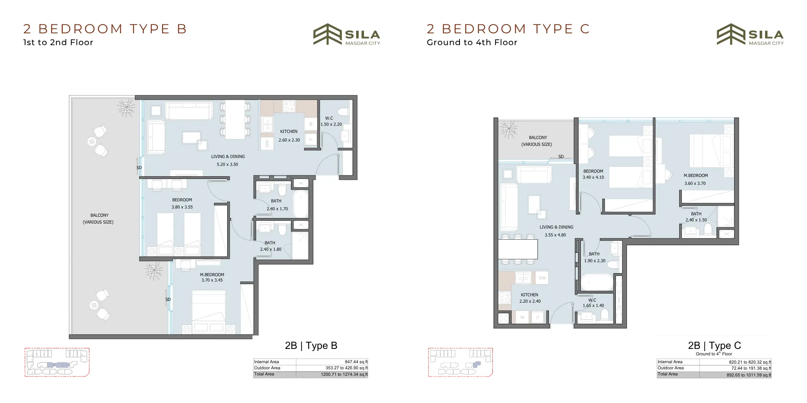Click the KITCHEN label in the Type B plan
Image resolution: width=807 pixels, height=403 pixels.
tap(289, 131)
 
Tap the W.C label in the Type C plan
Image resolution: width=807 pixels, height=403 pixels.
tap(592, 300)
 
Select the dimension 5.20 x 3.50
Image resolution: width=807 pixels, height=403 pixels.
tap(227, 164)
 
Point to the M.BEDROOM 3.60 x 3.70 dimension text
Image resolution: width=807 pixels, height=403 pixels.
tap(695, 183)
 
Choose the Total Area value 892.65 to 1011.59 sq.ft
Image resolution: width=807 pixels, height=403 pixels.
tap(749, 375)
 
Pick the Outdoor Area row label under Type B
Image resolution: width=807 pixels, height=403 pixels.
tap(267, 368)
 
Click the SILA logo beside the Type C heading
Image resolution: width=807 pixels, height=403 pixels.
tap(750, 35)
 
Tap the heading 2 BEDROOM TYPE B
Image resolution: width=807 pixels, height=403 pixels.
tap(105, 29)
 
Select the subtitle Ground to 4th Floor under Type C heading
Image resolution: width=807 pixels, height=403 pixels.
tap(472, 42)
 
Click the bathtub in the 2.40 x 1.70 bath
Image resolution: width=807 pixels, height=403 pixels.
tap(301, 204)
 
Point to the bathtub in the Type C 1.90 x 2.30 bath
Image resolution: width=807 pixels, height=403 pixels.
tap(597, 282)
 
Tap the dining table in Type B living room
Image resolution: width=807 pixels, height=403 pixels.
tap(235, 120)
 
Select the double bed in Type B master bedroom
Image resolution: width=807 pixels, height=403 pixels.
tap(208, 312)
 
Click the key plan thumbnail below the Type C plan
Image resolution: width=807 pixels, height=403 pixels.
tap(460, 362)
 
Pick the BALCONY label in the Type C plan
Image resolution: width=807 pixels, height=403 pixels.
tap(538, 138)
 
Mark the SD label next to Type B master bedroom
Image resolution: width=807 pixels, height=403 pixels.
tap(168, 299)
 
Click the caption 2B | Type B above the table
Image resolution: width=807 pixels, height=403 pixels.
tap(311, 346)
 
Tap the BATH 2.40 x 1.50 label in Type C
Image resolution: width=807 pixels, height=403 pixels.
tap(696, 217)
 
